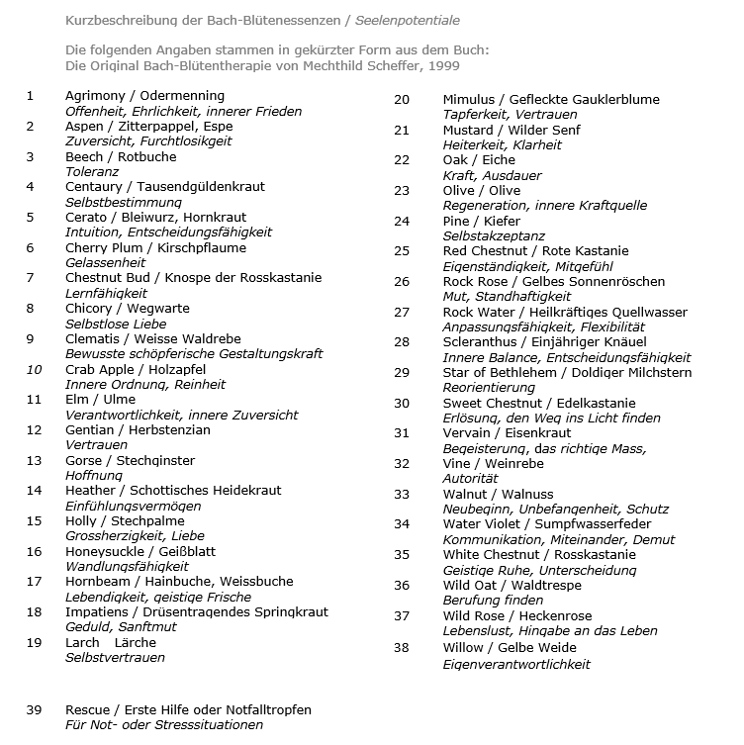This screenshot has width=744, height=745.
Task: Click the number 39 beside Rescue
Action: [x=34, y=710]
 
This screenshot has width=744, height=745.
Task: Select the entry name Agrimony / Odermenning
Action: [x=144, y=96]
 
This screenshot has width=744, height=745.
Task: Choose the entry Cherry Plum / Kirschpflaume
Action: [x=155, y=247]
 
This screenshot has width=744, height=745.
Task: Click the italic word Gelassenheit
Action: [x=106, y=263]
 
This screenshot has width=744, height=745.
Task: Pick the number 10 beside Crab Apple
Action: [x=34, y=369]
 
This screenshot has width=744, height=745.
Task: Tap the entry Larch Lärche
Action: [x=111, y=642]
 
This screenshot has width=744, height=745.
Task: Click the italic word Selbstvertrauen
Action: [x=115, y=658]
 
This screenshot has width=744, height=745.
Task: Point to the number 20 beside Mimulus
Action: [x=402, y=99]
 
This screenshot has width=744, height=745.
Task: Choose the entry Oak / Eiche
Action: [x=479, y=160]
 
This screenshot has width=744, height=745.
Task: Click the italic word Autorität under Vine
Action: [x=469, y=479]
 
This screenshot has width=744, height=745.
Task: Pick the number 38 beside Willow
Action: [x=402, y=648]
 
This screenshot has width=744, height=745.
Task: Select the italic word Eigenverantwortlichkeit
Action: [x=515, y=664]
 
